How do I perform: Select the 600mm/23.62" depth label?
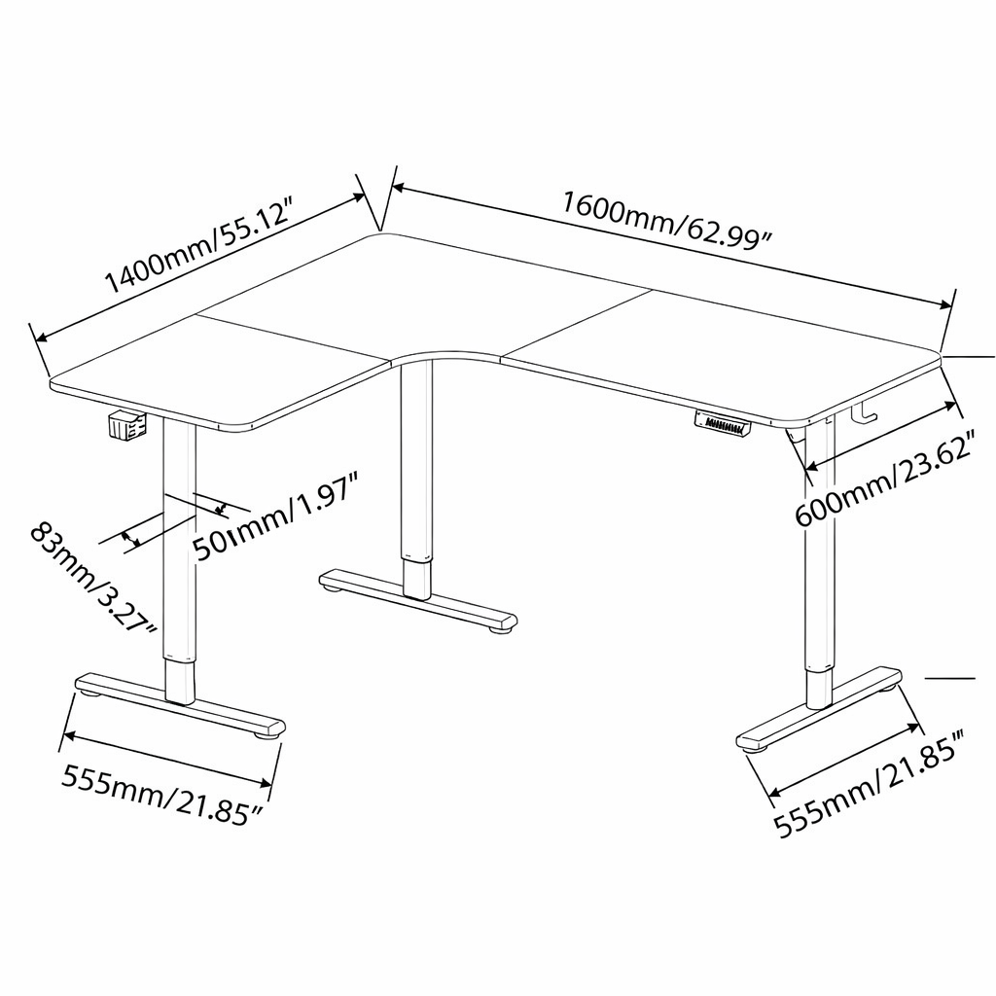[885, 478]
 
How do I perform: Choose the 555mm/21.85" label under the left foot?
[162, 795]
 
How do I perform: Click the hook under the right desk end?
[863, 412]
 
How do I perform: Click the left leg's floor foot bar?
[180, 705]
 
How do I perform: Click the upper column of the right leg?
[817, 548]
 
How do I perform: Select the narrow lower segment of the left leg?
[179, 682]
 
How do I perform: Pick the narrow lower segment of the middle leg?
[417, 579]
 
